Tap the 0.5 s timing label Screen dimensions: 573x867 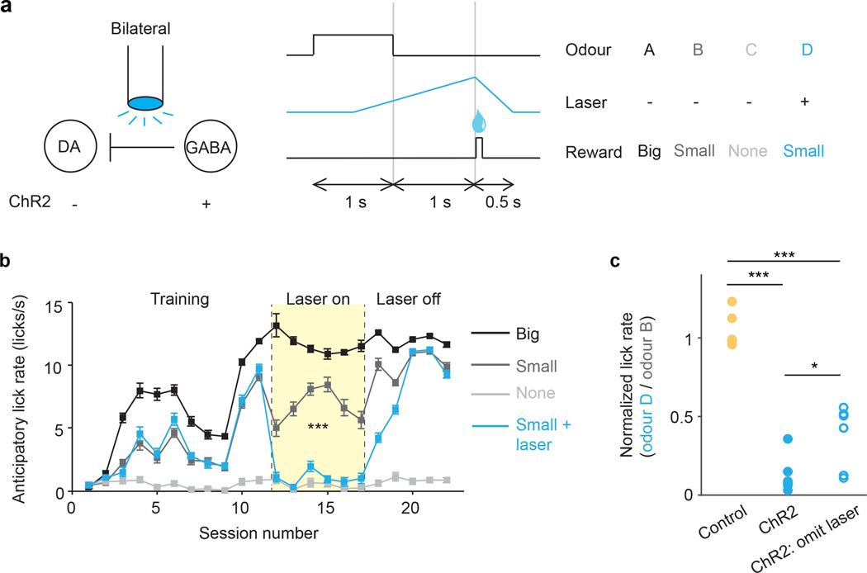505,201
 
